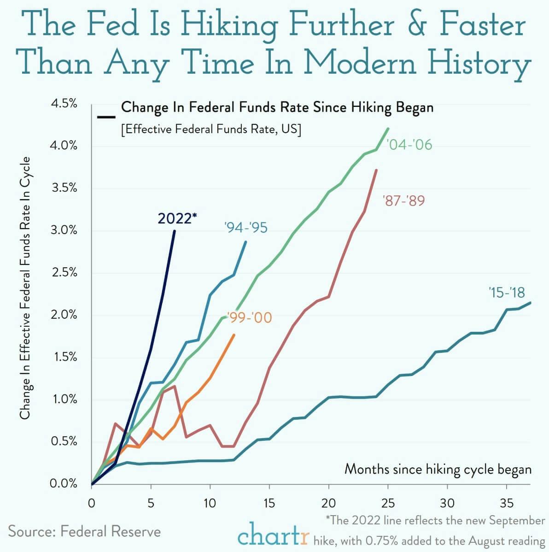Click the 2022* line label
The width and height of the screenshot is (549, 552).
pyautogui.click(x=177, y=218)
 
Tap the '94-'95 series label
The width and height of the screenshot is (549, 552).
pyautogui.click(x=245, y=227)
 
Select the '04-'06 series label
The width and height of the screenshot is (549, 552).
pyautogui.click(x=410, y=145)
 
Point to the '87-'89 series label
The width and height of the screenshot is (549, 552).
pyautogui.click(x=403, y=200)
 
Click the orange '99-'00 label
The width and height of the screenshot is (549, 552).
pyautogui.click(x=250, y=317)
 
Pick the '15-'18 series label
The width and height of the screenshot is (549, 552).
pyautogui.click(x=507, y=292)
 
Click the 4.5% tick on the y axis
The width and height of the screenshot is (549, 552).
pyautogui.click(x=64, y=104)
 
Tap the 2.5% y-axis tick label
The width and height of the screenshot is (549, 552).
pyautogui.click(x=64, y=272)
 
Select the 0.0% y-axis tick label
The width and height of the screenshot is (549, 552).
pyautogui.click(x=64, y=483)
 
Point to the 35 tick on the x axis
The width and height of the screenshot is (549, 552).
pyautogui.click(x=507, y=502)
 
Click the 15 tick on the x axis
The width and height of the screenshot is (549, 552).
pyautogui.click(x=269, y=502)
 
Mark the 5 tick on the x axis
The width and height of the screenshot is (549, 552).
pyautogui.click(x=151, y=502)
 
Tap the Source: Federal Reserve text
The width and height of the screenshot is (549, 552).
pyautogui.click(x=85, y=531)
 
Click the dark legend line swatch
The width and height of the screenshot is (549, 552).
pyautogui.click(x=106, y=117)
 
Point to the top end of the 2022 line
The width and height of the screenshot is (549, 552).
pyautogui.click(x=175, y=231)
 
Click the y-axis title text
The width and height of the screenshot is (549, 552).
pyautogui.click(x=25, y=288)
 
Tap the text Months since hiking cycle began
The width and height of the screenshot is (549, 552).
pyautogui.click(x=438, y=469)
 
